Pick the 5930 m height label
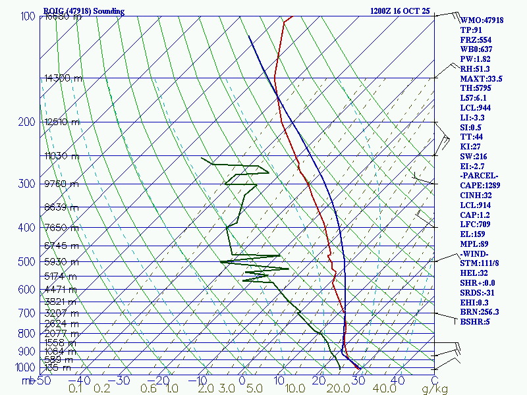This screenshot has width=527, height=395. (61, 262)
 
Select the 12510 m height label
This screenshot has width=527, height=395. (63, 122)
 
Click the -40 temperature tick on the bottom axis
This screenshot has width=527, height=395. (80, 380)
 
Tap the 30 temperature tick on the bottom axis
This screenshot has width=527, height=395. (359, 380)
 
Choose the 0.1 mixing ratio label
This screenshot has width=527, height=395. (75, 389)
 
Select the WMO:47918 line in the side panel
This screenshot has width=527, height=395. (482, 20)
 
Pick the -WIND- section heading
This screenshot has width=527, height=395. (476, 253)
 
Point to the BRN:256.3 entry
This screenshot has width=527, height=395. (480, 312)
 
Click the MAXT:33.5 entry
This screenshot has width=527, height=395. (481, 79)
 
